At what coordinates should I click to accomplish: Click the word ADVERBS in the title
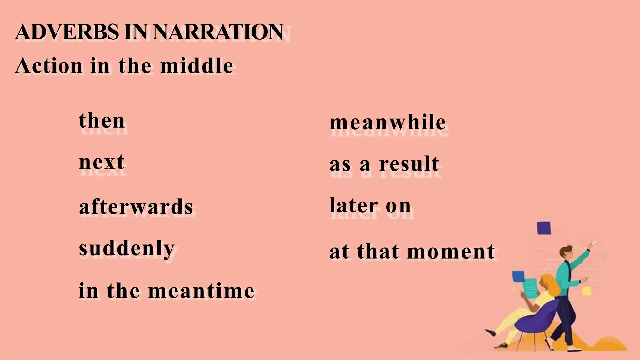click(x=67, y=32)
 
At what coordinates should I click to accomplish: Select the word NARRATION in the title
click(x=218, y=32)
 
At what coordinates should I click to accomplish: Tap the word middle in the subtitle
click(x=197, y=66)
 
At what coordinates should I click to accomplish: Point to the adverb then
click(x=102, y=121)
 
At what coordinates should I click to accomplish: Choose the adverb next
click(x=102, y=162)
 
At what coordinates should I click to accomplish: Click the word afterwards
click(x=136, y=207)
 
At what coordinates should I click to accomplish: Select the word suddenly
click(x=127, y=249)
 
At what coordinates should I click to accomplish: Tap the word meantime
click(x=201, y=291)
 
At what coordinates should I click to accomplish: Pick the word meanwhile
click(x=388, y=122)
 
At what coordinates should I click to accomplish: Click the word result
click(x=409, y=164)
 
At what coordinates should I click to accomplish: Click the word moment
click(x=451, y=252)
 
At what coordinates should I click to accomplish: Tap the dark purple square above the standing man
click(x=544, y=228)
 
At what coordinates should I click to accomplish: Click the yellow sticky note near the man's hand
click(x=587, y=291)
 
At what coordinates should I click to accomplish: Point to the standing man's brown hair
click(x=566, y=250)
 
